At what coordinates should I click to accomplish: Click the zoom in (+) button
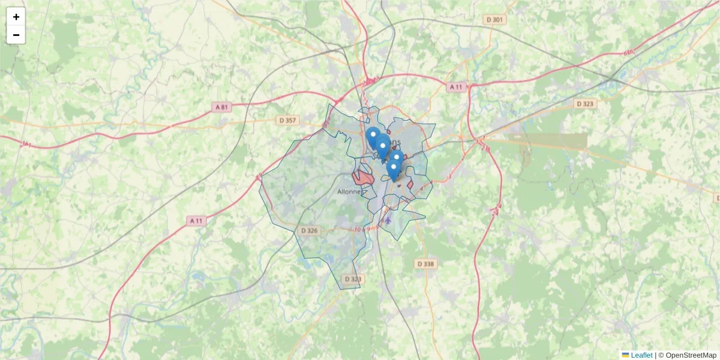[x=16, y=17]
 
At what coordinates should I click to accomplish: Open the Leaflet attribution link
[x=641, y=355]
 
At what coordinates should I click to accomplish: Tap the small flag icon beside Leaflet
[x=625, y=355]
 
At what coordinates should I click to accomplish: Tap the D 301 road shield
[x=495, y=20]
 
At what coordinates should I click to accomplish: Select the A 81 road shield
[x=221, y=107]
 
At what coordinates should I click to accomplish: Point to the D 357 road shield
[x=288, y=121]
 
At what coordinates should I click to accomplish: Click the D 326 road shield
[x=310, y=230]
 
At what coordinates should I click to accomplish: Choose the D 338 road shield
[x=426, y=263]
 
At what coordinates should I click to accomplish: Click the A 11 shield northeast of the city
[x=457, y=87]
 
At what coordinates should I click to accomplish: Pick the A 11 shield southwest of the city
[x=196, y=221]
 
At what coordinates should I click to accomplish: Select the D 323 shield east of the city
[x=585, y=104]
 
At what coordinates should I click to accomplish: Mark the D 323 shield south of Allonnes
[x=354, y=279]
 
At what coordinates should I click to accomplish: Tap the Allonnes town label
[x=349, y=192]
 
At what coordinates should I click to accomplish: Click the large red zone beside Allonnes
[x=363, y=178]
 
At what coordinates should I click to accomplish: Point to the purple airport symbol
[x=388, y=220]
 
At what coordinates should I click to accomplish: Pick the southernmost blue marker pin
[x=393, y=170]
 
